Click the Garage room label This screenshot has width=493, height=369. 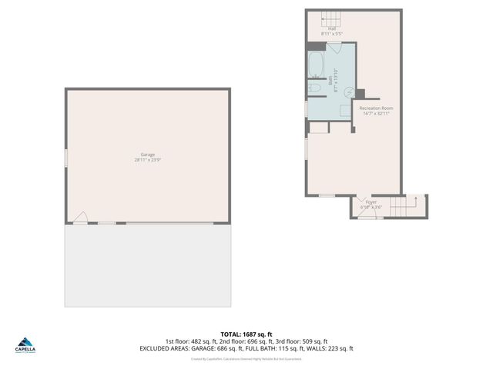tap(147, 155)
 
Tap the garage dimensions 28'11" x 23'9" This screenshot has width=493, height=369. tap(147, 160)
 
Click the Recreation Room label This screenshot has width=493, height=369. tap(376, 108)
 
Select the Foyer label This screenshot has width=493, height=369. tap(371, 202)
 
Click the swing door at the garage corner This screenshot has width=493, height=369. tap(80, 219)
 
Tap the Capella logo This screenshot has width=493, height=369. tap(25, 343)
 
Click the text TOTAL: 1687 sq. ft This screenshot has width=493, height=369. tap(246, 334)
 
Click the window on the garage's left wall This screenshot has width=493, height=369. tap(65, 157)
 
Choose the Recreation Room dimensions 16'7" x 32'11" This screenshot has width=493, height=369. tap(376, 114)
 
